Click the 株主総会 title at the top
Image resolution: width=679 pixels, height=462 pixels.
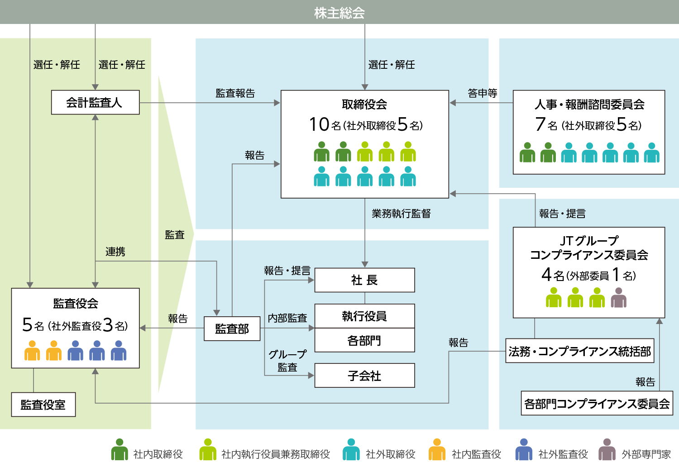pyautogui.click(x=339, y=13)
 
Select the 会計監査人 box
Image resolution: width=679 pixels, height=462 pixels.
pyautogui.click(x=95, y=103)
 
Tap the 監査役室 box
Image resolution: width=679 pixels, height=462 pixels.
pyautogui.click(x=43, y=405)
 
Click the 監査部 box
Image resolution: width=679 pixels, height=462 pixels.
pyautogui.click(x=232, y=329)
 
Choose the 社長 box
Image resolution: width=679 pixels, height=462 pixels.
pyautogui.click(x=364, y=280)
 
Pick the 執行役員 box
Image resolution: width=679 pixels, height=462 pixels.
pyautogui.click(x=364, y=316)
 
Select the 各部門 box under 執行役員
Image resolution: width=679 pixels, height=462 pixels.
pyautogui.click(x=364, y=340)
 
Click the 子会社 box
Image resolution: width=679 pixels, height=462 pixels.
pyautogui.click(x=364, y=376)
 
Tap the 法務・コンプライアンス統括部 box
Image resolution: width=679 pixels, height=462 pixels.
pyautogui.click(x=579, y=351)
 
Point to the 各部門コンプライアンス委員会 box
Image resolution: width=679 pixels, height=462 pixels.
pyautogui.click(x=597, y=404)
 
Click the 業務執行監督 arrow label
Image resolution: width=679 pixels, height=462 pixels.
pyautogui.click(x=401, y=214)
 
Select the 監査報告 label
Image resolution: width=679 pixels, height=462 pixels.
pyautogui.click(x=235, y=93)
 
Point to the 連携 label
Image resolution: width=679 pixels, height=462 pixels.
pyautogui.click(x=115, y=252)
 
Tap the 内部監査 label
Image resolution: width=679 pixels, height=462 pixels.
pyautogui.click(x=287, y=318)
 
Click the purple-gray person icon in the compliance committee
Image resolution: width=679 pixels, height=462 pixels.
pyautogui.click(x=618, y=298)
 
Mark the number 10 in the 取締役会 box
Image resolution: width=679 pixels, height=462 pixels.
pyautogui.click(x=319, y=124)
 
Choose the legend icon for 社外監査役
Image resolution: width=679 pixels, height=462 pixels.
pyautogui.click(x=523, y=450)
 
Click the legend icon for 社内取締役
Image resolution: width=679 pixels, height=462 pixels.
pyautogui.click(x=120, y=450)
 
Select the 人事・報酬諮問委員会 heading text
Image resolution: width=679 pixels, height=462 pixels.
pyautogui.click(x=589, y=105)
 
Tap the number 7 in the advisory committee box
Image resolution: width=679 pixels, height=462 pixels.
pyautogui.click(x=540, y=124)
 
